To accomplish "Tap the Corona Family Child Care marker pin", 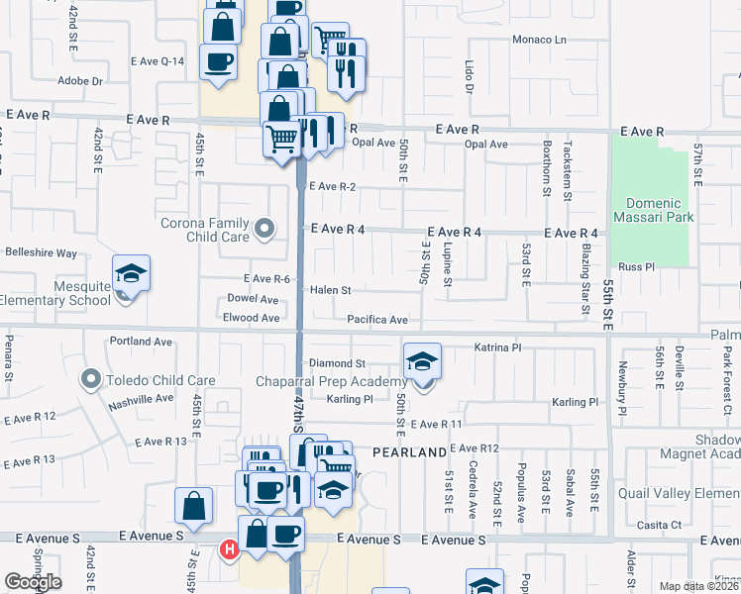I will (x=264, y=230).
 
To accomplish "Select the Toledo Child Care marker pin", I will (x=91, y=379).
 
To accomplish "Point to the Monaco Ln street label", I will (x=539, y=40).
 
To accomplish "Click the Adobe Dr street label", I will (x=80, y=81).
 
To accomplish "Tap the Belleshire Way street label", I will (x=41, y=253).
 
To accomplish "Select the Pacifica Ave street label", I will (x=377, y=320).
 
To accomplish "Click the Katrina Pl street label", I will (x=497, y=348).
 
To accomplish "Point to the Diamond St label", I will (x=338, y=363).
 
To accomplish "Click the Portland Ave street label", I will (x=142, y=342).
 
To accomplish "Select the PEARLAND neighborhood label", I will (x=409, y=452).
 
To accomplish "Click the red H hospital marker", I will (x=230, y=548).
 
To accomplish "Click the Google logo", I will (x=33, y=582).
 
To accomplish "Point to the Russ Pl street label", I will (x=636, y=267).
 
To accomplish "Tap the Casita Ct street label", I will (x=662, y=525).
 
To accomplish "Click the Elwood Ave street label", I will (x=252, y=318).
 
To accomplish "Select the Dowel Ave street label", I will (x=253, y=298).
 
